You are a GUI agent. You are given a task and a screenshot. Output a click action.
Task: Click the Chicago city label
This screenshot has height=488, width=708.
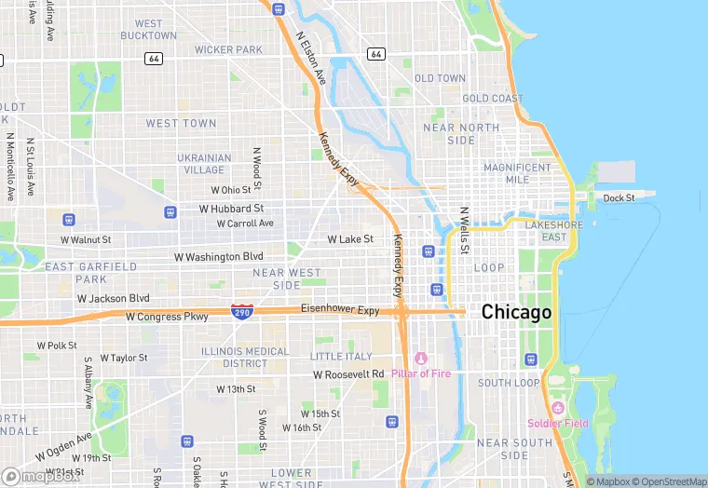click(516, 312)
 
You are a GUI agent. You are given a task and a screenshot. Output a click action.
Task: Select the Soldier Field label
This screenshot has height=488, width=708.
click(557, 423)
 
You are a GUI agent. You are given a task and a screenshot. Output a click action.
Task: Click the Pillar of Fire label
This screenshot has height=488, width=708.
click(420, 373)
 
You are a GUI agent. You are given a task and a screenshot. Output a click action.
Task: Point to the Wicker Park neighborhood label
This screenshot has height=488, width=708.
click(229, 49)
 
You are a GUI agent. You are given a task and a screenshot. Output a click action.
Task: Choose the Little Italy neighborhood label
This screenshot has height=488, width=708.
click(340, 357)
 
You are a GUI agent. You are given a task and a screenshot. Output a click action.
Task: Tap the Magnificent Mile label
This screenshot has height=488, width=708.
click(518, 173)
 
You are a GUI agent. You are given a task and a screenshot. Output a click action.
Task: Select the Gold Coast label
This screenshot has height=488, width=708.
click(493, 98)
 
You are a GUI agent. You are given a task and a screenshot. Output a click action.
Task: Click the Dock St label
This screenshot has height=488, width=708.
click(619, 198)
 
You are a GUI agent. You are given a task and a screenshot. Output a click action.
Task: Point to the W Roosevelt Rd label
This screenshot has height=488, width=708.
click(348, 374)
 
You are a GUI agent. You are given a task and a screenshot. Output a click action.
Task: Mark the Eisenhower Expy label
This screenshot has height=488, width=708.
click(340, 310)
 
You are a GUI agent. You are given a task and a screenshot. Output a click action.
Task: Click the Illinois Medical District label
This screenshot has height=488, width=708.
click(246, 358)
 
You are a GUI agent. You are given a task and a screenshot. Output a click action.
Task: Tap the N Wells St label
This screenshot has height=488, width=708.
click(464, 231)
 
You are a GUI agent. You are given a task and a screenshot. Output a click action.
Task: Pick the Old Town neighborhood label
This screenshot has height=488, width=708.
click(440, 78)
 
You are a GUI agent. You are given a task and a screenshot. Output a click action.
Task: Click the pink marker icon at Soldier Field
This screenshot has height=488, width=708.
click(558, 407)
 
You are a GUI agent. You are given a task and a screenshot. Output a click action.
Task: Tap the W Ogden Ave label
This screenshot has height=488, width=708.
click(64, 447)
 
